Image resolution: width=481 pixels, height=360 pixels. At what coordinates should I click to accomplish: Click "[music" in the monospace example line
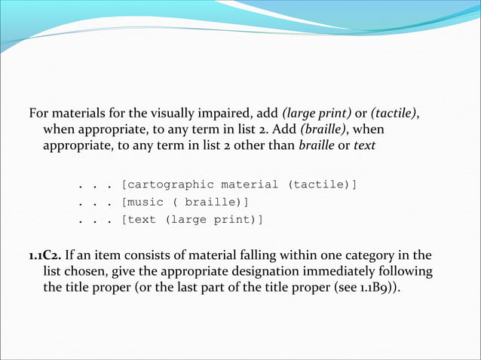pos(140,202)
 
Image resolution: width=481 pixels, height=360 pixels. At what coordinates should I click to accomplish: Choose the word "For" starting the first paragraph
pos(38,114)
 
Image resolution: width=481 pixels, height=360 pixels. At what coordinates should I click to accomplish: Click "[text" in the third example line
pos(136,220)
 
